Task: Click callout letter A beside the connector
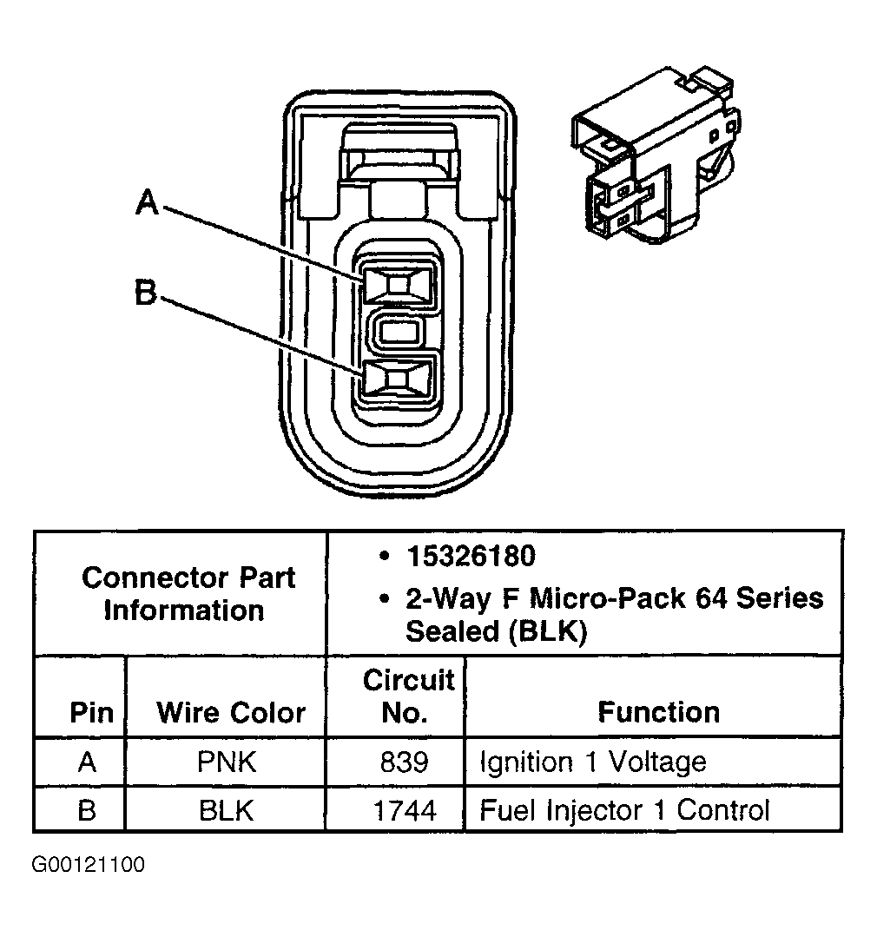pos(148,203)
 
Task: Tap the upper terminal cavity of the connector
pos(398,284)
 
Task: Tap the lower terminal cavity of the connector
pos(398,379)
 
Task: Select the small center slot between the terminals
pos(399,332)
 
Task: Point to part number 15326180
pos(469,556)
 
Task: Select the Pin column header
pos(91,713)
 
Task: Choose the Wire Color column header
pos(231,713)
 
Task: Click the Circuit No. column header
pos(407,696)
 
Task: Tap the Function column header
pos(658,712)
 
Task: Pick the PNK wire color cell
pos(227,762)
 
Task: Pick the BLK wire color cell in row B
pos(227,810)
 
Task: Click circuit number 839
pos(404,762)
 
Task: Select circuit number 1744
pos(405,810)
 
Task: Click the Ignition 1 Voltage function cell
pos(593,762)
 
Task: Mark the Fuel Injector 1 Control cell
pos(624,810)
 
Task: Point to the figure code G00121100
pos(89,866)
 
